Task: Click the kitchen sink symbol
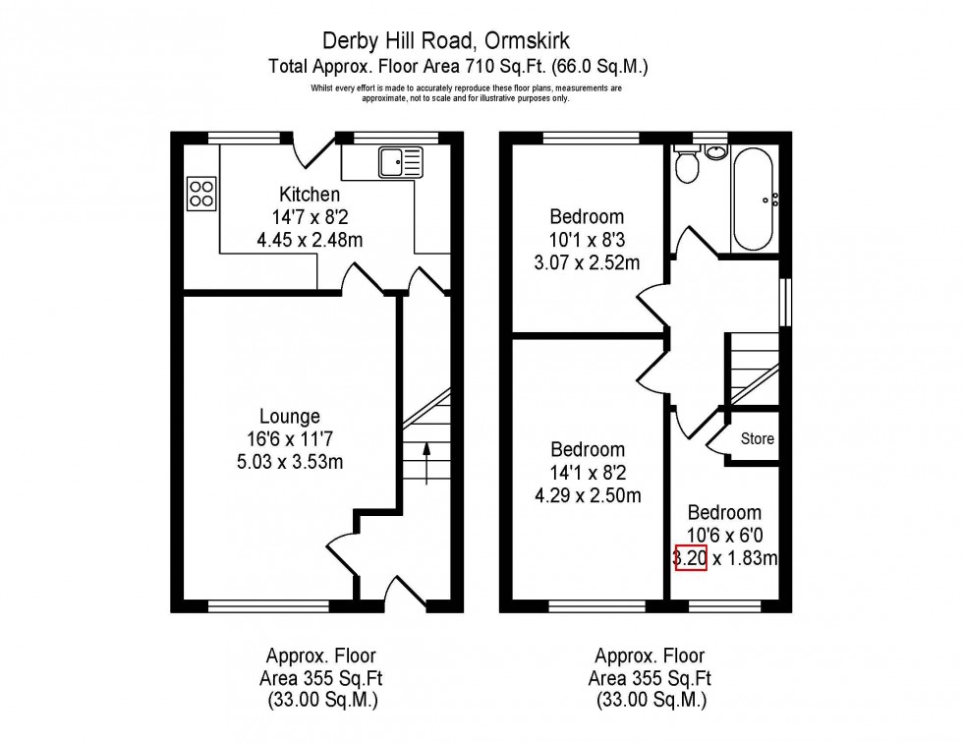pos(400,160)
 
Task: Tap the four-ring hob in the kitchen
pos(201,193)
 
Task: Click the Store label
pos(757,439)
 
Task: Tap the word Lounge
pos(290,417)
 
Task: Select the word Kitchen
pos(310,195)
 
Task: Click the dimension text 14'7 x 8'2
pos(310,217)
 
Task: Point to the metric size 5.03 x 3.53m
pos(290,462)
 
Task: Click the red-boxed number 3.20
pos(690,558)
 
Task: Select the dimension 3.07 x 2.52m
pos(586,262)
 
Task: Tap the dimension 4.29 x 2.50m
pos(587,495)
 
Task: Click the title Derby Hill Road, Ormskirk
pos(460,41)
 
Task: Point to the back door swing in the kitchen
pos(316,149)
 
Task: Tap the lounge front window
pos(268,605)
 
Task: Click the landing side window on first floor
pos(785,302)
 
